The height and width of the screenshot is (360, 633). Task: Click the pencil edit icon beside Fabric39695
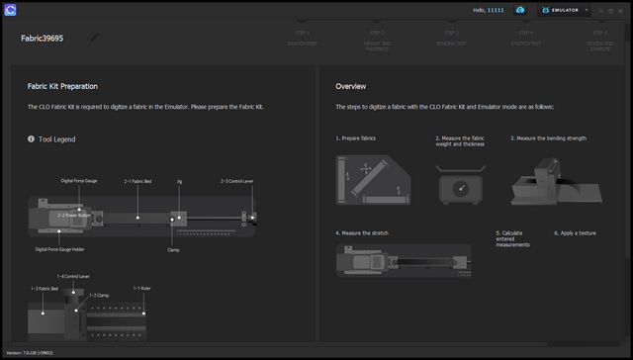95,39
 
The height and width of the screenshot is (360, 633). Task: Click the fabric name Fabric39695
43,40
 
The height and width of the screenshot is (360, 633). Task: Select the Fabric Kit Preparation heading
62,86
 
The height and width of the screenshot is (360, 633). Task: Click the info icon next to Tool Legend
32,139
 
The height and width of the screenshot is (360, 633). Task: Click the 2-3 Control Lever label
237,182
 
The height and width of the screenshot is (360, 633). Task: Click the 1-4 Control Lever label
75,276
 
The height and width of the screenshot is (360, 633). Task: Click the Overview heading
351,86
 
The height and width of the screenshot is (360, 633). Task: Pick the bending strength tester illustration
553,184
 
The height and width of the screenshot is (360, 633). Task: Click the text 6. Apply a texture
580,232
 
